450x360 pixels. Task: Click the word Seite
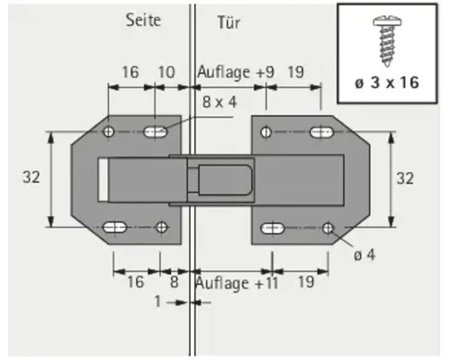144,21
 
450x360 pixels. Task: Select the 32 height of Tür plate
405,179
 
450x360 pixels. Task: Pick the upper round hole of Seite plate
110,132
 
